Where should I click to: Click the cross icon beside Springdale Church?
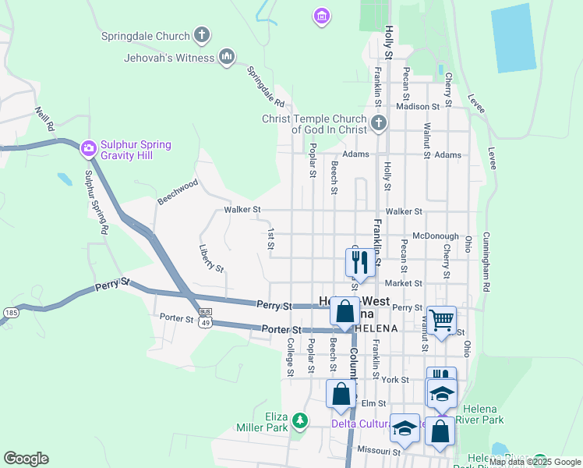[x=202, y=35]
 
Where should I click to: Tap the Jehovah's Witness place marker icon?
[x=227, y=57]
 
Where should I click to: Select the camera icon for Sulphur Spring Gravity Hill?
[x=88, y=147]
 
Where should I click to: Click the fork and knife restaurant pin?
[x=359, y=262]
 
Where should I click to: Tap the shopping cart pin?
[x=442, y=319]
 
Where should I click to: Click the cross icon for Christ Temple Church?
[x=378, y=123]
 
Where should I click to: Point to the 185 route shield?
[x=10, y=312]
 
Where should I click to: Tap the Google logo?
[x=26, y=459]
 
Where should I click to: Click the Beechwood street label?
[x=178, y=191]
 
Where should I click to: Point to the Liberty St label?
[x=211, y=258]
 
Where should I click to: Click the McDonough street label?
[x=435, y=236]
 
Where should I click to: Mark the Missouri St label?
[x=378, y=451]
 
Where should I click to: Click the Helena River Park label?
[x=483, y=414]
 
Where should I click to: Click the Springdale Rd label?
[x=265, y=86]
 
